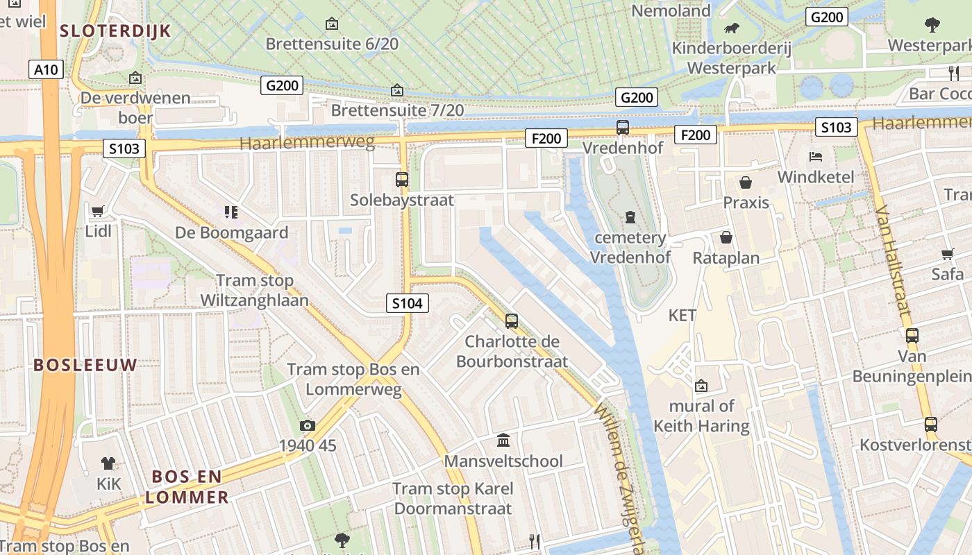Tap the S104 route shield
[407, 302]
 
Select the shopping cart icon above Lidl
[98, 211]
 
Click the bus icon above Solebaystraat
[402, 180]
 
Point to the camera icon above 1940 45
[307, 425]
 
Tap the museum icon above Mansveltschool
[503, 441]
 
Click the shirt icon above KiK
[108, 463]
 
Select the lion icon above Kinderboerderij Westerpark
[732, 28]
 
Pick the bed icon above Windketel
[815, 156]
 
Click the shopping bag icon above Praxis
[746, 182]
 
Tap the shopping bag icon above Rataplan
[726, 238]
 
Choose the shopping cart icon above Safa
[947, 254]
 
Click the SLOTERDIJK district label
[115, 31]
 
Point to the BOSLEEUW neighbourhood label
[85, 365]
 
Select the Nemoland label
[671, 10]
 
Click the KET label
[682, 316]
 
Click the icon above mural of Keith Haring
[701, 386]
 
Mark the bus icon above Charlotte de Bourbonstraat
[512, 321]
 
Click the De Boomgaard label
[231, 232]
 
